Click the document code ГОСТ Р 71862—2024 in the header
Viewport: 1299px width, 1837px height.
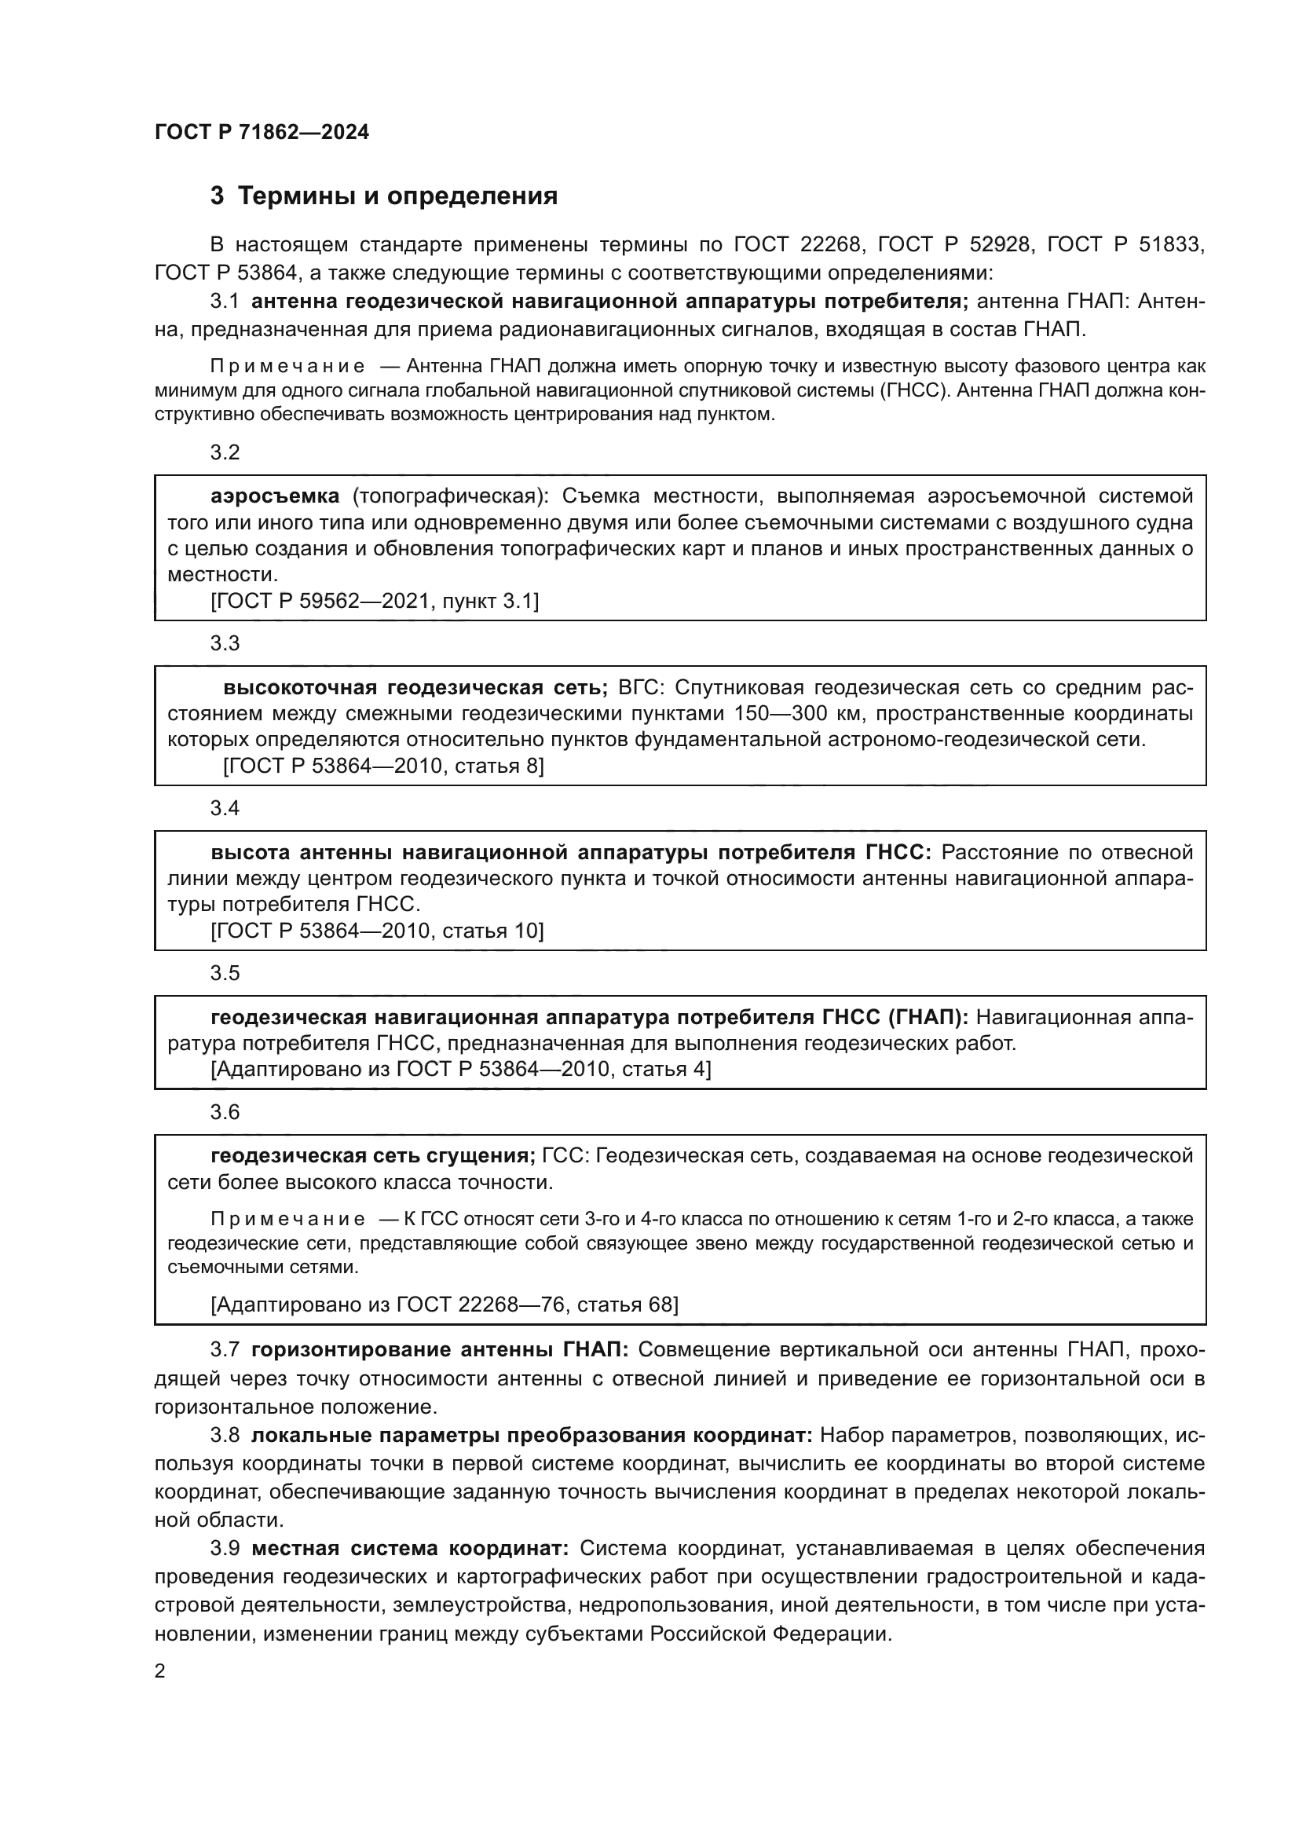pyautogui.click(x=262, y=132)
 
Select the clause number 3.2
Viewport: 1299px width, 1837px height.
pyautogui.click(x=225, y=453)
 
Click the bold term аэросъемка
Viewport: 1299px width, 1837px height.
pyautogui.click(x=274, y=497)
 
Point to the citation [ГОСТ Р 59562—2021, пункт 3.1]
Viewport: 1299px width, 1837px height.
pyautogui.click(x=375, y=602)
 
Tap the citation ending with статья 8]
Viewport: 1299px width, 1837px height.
pyautogui.click(x=383, y=767)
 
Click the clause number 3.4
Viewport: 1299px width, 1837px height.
pyautogui.click(x=225, y=809)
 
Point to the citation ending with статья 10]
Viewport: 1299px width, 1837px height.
pyautogui.click(x=377, y=931)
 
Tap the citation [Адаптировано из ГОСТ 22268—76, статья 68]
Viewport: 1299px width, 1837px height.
pyautogui.click(x=444, y=1305)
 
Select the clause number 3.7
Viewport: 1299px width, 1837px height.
pyautogui.click(x=225, y=1351)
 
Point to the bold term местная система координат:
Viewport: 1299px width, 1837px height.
pyautogui.click(x=409, y=1549)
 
